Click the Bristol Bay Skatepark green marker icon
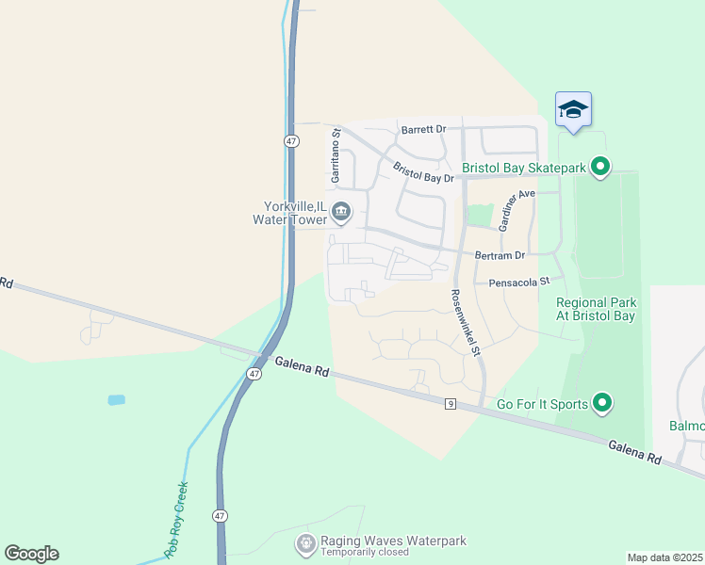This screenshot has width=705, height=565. click(x=599, y=169)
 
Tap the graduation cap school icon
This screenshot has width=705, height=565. click(x=573, y=110)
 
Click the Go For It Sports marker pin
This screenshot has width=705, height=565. click(x=601, y=404)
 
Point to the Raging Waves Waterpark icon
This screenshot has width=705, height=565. click(x=305, y=543)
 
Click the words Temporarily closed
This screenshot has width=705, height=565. click(x=364, y=553)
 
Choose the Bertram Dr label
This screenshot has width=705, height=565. click(x=500, y=255)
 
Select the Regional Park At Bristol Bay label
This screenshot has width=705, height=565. click(x=597, y=309)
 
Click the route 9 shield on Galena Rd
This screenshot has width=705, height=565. click(x=451, y=404)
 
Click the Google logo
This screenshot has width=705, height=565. click(x=31, y=554)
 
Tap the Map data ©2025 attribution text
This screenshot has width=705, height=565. click(x=664, y=557)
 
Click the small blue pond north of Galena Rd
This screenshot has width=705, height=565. click(x=116, y=400)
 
